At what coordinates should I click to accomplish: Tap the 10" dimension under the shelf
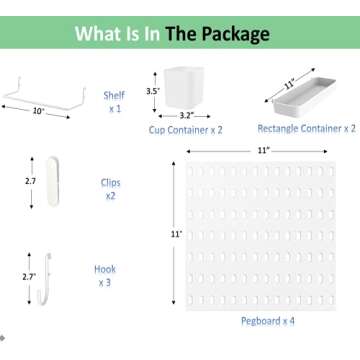click(x=38, y=112)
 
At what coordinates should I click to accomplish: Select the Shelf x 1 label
click(x=114, y=101)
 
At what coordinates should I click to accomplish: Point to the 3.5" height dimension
click(x=153, y=90)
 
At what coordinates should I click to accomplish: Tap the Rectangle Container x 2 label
click(x=306, y=129)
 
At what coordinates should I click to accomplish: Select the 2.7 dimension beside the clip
click(x=30, y=182)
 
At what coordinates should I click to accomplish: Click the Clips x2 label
click(x=110, y=190)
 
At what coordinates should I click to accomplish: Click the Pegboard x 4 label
click(x=267, y=320)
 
